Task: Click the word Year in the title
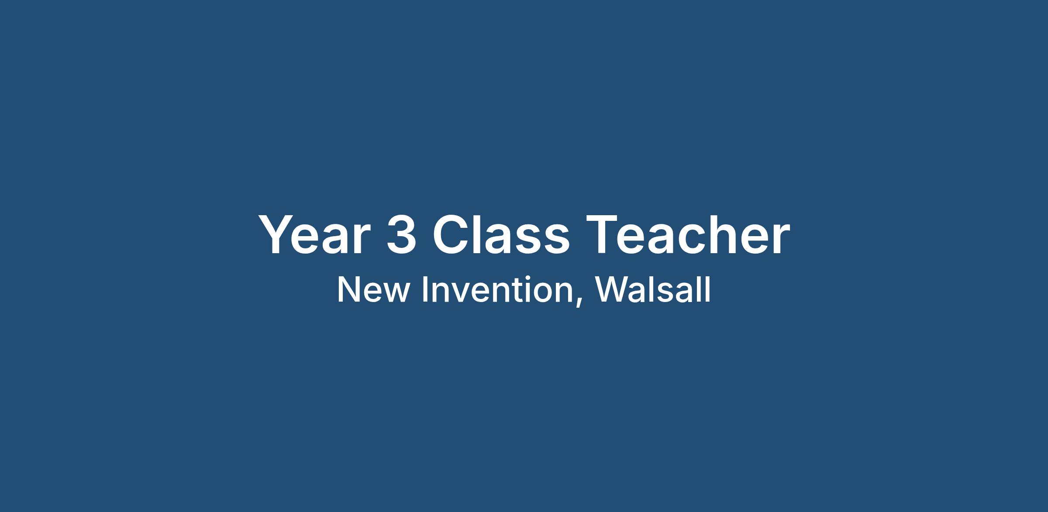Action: click(x=312, y=234)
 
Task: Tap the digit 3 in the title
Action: click(x=401, y=234)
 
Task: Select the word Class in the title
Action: click(x=501, y=234)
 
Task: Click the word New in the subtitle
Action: click(x=373, y=289)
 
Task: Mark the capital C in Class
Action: click(x=451, y=234)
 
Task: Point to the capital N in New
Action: click(x=348, y=289)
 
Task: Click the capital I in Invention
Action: click(x=424, y=289)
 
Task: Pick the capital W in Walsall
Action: click(x=612, y=289)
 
